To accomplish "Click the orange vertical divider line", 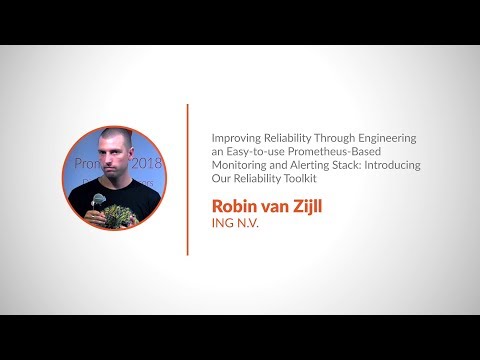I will (187, 179).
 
